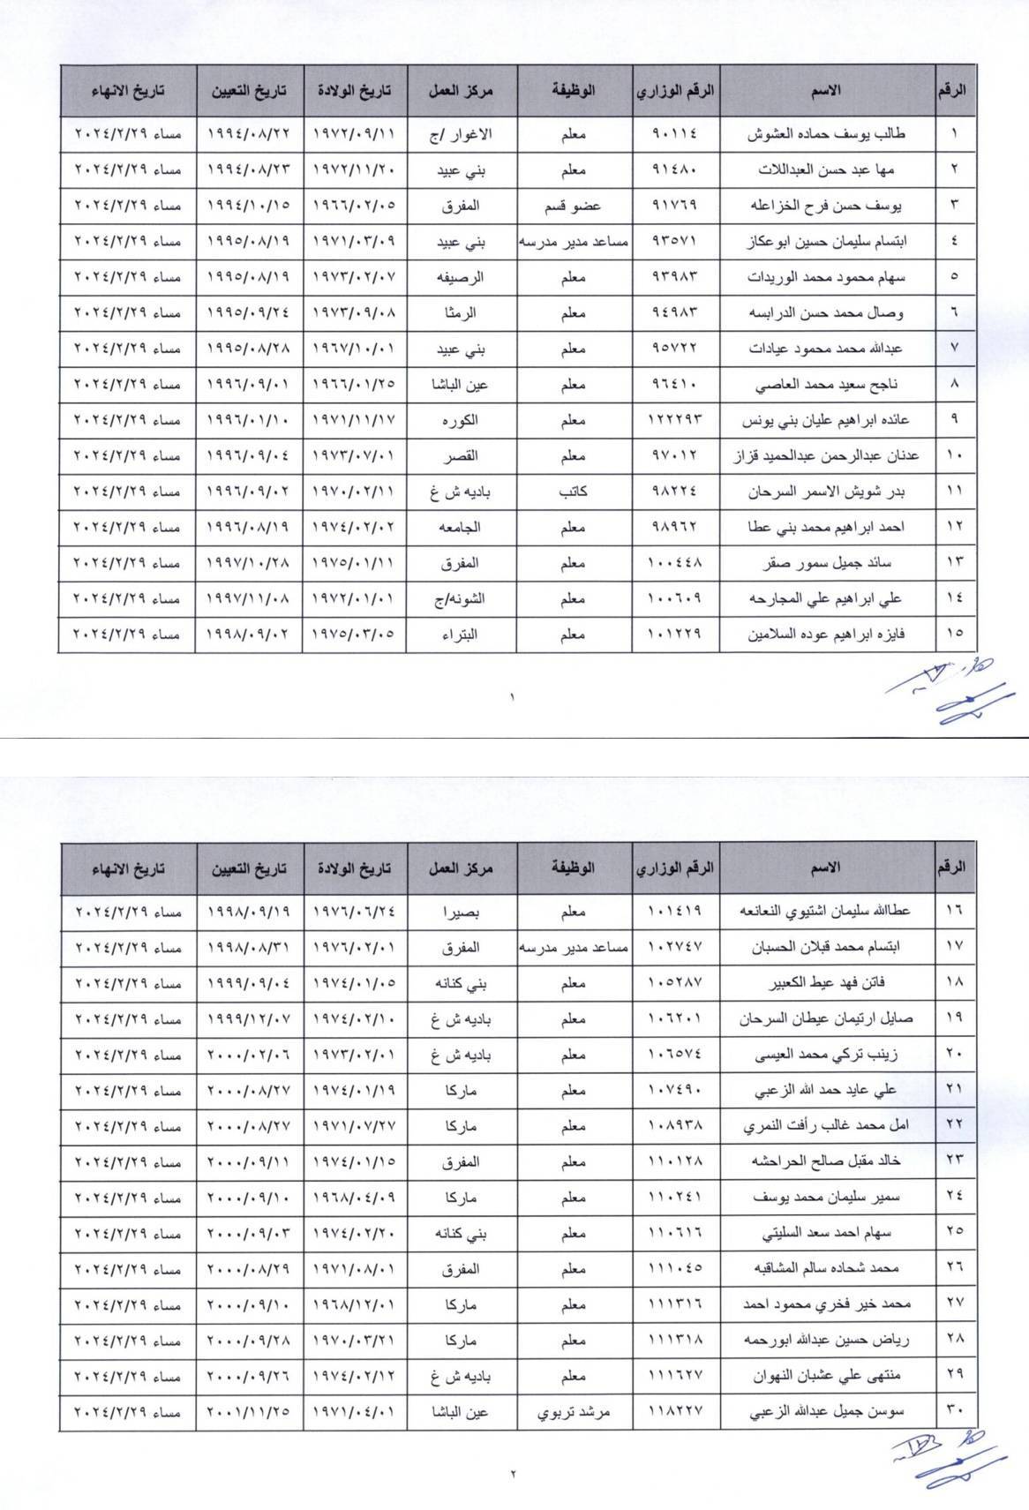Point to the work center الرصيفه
[460, 277]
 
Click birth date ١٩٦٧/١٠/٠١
[354, 349]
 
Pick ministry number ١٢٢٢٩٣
[674, 420]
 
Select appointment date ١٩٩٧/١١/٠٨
[248, 598]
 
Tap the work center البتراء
[460, 634]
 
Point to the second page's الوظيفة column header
[574, 868]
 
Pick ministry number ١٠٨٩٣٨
[674, 1124]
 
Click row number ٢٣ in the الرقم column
[955, 1159]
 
